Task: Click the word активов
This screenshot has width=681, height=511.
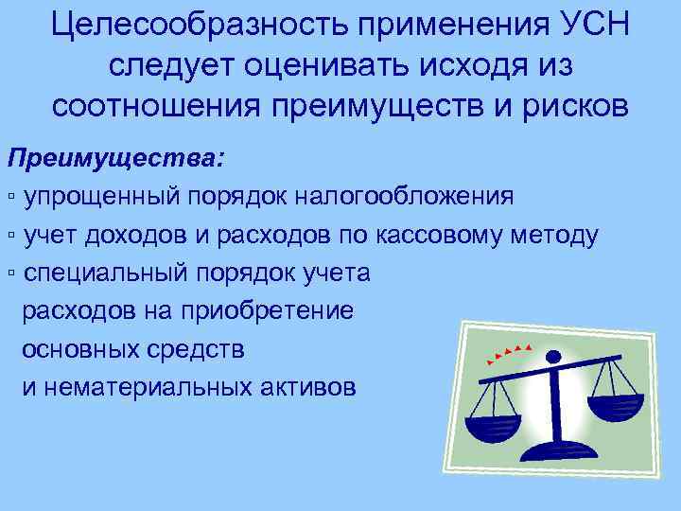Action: (308, 386)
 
